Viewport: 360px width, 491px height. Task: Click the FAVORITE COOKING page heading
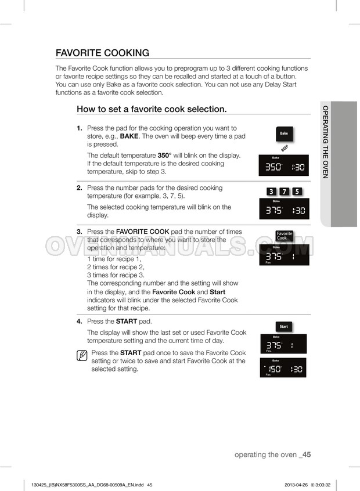(102, 53)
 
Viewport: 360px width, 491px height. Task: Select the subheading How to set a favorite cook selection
(152, 109)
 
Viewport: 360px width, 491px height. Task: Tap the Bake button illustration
(284, 133)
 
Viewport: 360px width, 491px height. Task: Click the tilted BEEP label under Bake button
(285, 148)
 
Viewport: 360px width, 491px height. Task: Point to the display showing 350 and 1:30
(283, 165)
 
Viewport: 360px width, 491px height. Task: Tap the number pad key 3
(271, 192)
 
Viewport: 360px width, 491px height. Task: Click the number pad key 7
(284, 192)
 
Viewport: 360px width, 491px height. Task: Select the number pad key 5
(297, 192)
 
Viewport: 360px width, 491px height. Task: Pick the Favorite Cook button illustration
(285, 236)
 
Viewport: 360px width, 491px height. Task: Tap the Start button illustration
(284, 327)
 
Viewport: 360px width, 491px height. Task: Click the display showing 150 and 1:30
(283, 367)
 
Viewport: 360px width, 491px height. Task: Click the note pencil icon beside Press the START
(82, 356)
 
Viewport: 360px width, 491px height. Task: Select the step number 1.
(80, 128)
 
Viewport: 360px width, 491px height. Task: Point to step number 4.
(80, 322)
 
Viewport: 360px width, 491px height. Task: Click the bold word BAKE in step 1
(129, 136)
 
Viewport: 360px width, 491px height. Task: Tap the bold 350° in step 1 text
(164, 156)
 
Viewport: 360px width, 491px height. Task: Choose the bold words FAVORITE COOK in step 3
(143, 232)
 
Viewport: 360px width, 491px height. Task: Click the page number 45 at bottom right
(307, 454)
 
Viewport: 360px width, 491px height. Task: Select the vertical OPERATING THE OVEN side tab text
(326, 142)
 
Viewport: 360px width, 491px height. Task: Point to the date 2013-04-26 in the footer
(296, 485)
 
